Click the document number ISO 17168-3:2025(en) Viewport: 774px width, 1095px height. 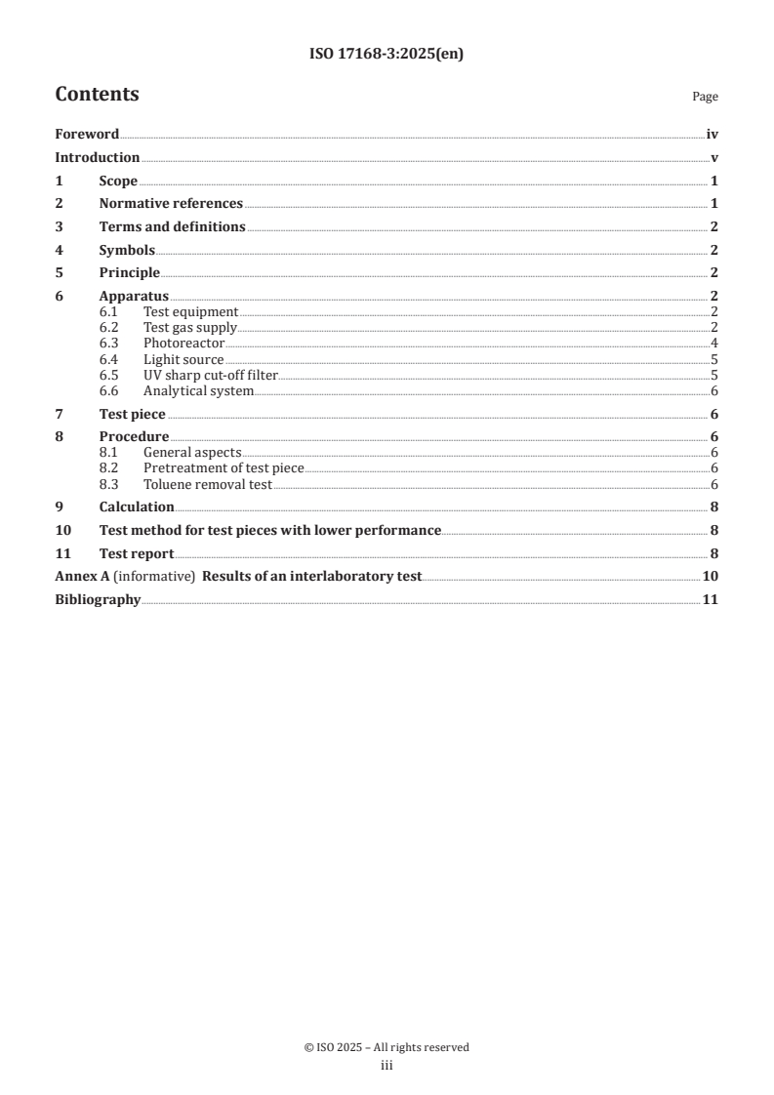(387, 55)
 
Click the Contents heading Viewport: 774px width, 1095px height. (97, 95)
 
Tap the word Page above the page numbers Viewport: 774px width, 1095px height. (705, 97)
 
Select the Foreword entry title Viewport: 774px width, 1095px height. (87, 135)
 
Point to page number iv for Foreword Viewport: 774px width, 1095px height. (712, 135)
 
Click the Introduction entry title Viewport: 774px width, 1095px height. (97, 158)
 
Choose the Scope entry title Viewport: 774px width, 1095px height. (118, 181)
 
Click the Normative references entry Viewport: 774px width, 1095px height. (171, 204)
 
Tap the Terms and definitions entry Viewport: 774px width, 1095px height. (172, 226)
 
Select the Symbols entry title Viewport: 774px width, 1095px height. (127, 250)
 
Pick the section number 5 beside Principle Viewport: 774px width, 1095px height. (59, 272)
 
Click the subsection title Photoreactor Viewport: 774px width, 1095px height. (183, 344)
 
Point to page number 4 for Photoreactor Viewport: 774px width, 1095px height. (714, 344)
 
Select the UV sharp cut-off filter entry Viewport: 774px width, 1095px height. (211, 376)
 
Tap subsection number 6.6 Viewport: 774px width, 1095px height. (108, 391)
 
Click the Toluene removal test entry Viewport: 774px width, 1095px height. (207, 484)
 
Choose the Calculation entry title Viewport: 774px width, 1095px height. (137, 507)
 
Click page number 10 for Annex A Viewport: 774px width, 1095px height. (711, 577)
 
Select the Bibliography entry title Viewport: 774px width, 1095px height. (98, 599)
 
